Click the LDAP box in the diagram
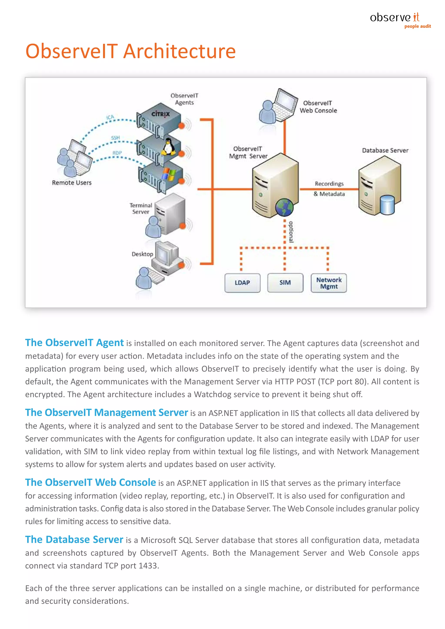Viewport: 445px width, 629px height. [x=242, y=283]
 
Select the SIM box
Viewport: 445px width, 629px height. [x=285, y=283]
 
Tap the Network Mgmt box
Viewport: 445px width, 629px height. [x=329, y=283]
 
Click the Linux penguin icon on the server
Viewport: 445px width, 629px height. [x=168, y=147]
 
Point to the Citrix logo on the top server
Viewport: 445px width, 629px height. [x=161, y=114]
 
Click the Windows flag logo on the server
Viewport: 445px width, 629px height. [x=168, y=175]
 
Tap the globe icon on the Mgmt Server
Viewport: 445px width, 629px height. [x=284, y=207]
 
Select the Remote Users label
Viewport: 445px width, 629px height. [x=71, y=183]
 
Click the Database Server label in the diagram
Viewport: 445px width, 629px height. [x=385, y=150]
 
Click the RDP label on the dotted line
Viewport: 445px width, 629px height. [x=117, y=153]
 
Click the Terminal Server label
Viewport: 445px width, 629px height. [x=141, y=208]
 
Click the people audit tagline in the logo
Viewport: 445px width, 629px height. [x=417, y=26]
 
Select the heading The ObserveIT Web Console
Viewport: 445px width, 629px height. [x=90, y=482]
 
